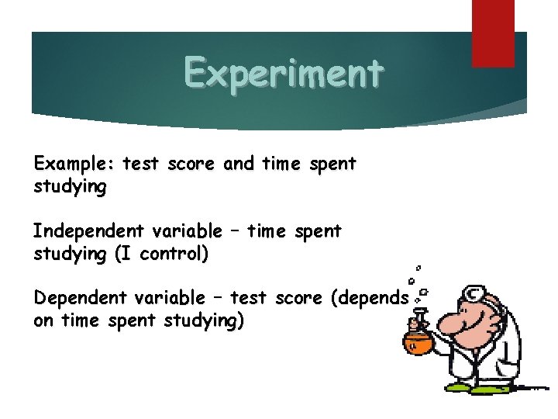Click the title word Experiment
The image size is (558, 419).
tap(283, 74)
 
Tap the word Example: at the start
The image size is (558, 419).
tap(74, 164)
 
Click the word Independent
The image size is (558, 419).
tap(88, 231)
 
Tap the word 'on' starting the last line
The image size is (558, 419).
tap(43, 320)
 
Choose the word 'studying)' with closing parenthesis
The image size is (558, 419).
tap(204, 320)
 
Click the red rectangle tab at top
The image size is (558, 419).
tap(493, 32)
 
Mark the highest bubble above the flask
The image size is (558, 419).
tap(419, 263)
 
